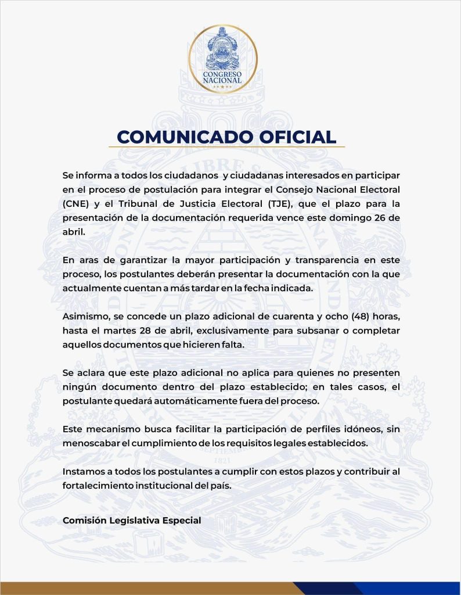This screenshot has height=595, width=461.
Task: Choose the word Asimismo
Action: tap(85, 317)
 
